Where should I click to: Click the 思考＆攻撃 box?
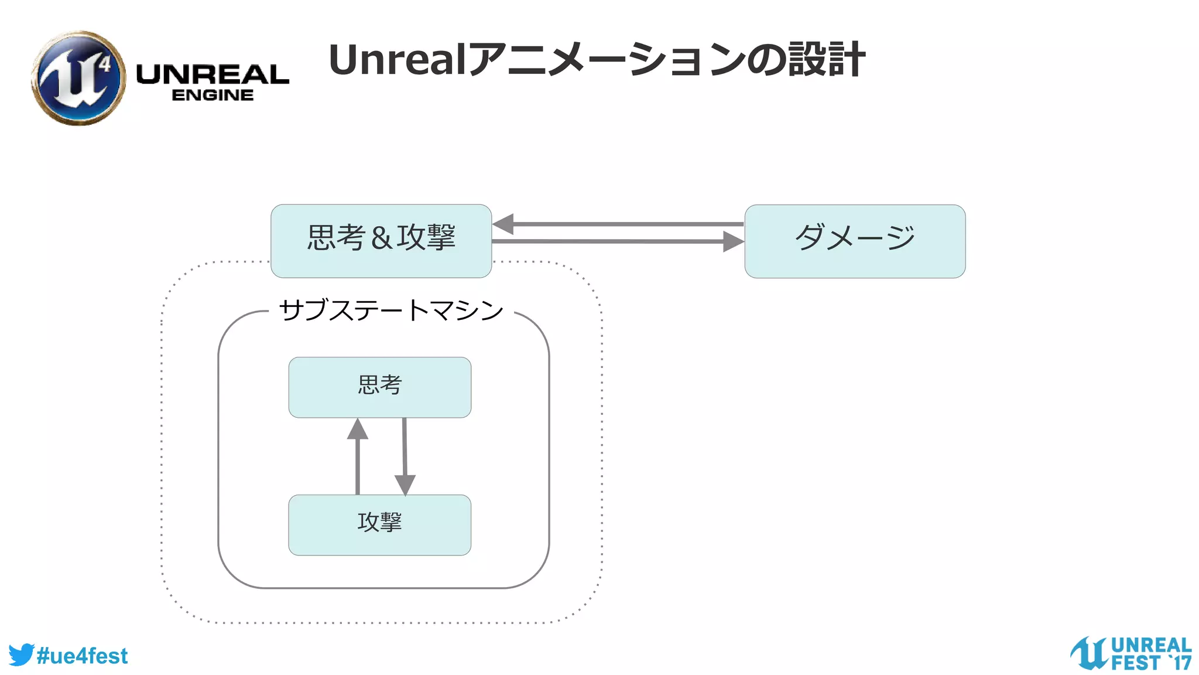pos(381,241)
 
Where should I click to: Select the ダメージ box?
pos(855,241)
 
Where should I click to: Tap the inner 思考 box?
pos(379,387)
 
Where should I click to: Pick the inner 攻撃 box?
pos(379,524)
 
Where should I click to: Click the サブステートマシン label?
pos(390,310)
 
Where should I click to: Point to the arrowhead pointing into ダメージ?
pos(733,241)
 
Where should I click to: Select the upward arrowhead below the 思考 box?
pos(358,429)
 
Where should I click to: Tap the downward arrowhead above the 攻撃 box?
pos(405,485)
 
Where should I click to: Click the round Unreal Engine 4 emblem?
pos(78,78)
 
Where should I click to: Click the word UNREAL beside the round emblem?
pos(213,74)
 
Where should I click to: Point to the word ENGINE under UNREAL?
pos(213,95)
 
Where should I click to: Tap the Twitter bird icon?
pos(21,654)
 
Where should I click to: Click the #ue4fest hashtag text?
pos(82,656)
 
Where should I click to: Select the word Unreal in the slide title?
pos(398,60)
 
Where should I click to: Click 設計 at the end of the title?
pos(827,60)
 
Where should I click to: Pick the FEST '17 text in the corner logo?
pos(1151,663)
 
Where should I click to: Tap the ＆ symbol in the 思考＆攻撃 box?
pos(381,238)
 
